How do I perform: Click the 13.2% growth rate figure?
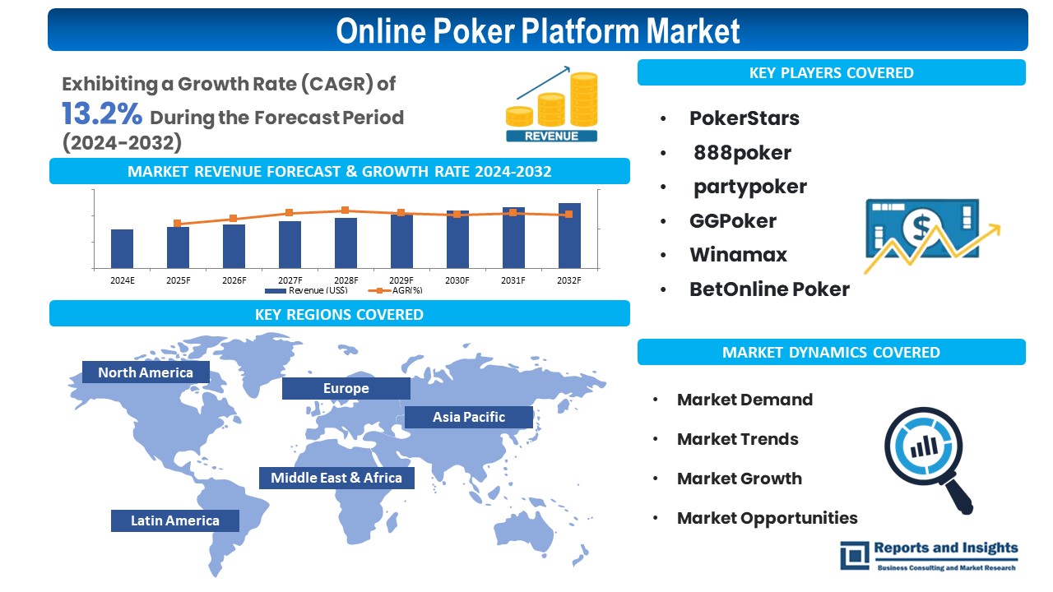102,113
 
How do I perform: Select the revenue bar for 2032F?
569,235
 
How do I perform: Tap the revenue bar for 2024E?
122,248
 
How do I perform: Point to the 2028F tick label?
346,280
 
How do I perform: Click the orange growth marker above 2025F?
177,223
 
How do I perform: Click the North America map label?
146,372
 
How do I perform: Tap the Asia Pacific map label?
469,417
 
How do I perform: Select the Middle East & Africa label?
336,478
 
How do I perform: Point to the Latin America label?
175,520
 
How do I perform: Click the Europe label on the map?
346,388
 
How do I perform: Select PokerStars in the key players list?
744,118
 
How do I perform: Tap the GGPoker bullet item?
732,220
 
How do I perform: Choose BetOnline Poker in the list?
769,289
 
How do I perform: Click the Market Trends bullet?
737,439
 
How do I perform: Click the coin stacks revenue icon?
552,107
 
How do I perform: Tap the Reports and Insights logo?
929,555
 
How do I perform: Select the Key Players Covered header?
831,72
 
